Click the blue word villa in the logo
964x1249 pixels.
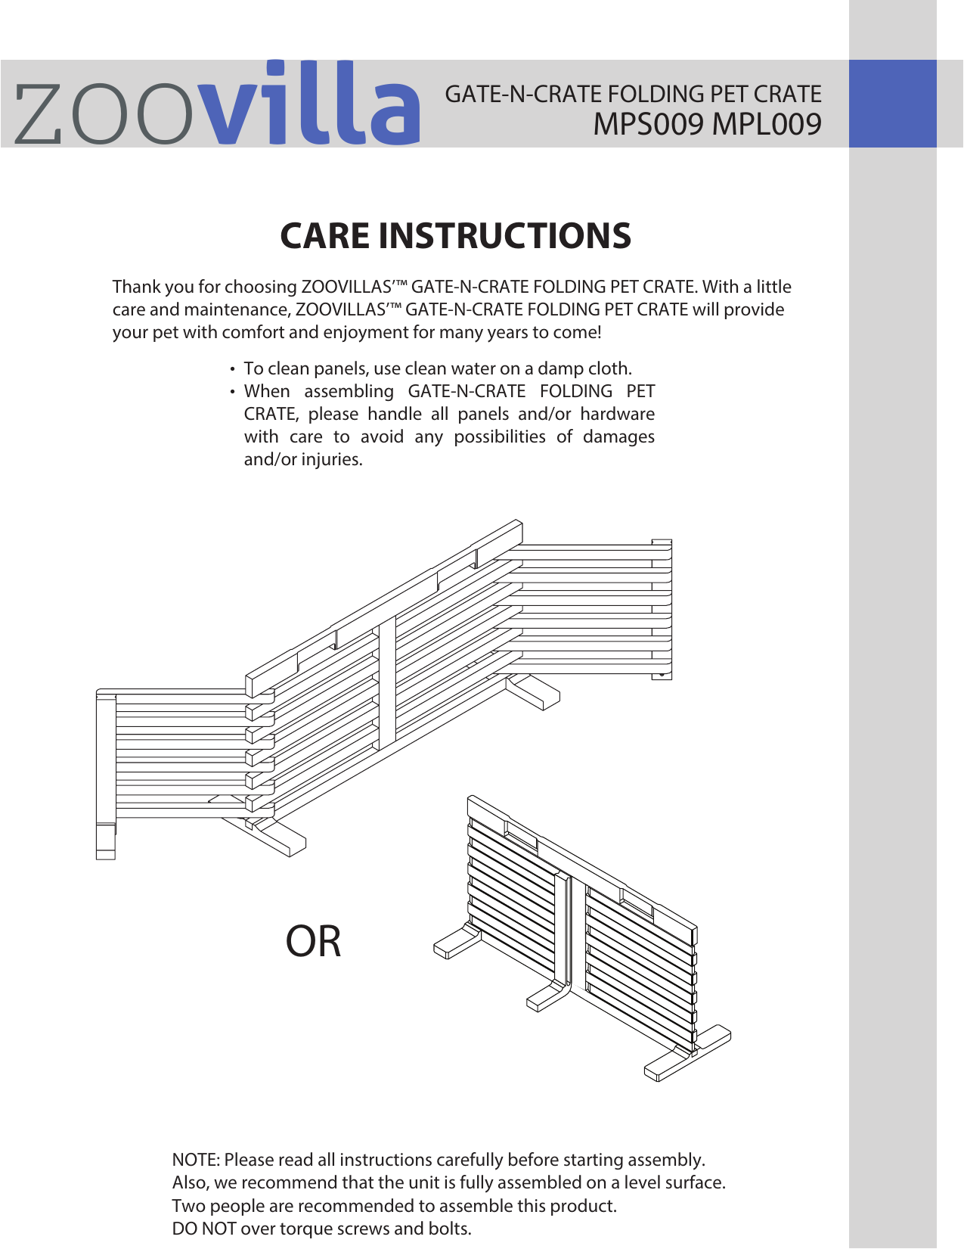[312, 106]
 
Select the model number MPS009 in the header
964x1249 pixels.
[648, 124]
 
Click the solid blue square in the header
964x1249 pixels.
[892, 104]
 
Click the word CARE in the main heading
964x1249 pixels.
[324, 236]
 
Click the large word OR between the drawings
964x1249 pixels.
[313, 942]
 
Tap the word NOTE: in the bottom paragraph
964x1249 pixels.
[196, 1160]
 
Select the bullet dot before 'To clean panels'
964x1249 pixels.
[232, 370]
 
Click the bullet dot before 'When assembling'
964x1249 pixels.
[232, 393]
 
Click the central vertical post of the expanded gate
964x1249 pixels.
[387, 681]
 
